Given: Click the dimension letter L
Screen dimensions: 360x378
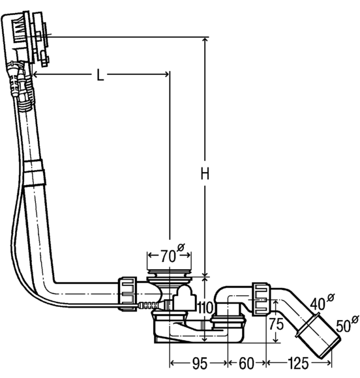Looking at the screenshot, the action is [x=100, y=75].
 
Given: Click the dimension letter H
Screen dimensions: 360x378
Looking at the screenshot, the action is [x=205, y=174].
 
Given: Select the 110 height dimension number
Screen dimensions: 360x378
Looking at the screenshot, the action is [x=205, y=308].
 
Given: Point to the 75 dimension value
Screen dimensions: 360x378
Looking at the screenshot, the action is [x=277, y=324].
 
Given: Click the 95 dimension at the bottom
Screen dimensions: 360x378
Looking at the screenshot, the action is [x=200, y=363].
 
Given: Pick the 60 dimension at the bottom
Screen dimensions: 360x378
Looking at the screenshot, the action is [x=247, y=363].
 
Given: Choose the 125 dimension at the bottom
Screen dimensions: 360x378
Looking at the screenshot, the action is [x=298, y=363].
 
